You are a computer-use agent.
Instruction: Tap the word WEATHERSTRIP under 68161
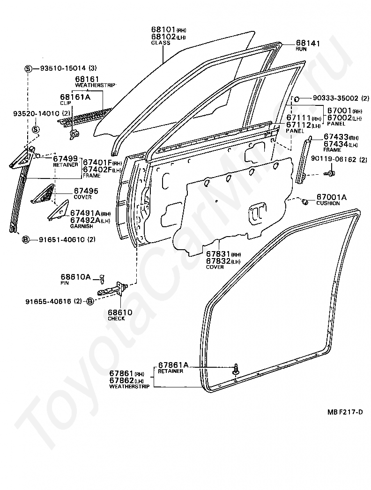click(x=95, y=85)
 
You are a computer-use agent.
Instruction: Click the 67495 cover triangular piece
click(x=44, y=194)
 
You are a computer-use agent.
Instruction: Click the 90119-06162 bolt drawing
click(x=330, y=174)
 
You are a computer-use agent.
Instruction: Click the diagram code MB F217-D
click(x=345, y=412)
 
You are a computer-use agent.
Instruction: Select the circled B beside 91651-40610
click(x=26, y=239)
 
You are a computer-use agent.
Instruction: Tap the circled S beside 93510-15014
click(x=28, y=68)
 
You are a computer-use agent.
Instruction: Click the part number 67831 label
click(x=217, y=254)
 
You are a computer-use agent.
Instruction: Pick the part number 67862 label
click(x=121, y=380)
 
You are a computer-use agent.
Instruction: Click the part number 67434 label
click(x=335, y=143)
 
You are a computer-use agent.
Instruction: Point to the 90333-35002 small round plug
click(x=296, y=99)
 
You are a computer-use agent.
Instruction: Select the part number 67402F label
click(x=97, y=169)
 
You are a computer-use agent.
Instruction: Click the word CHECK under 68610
click(x=116, y=319)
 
